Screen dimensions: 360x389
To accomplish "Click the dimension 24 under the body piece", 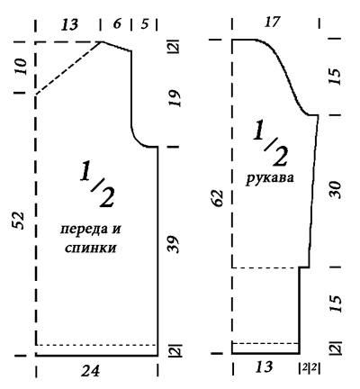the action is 90,371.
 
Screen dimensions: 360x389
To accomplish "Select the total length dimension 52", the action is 18,221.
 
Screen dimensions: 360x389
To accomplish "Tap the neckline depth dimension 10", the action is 22,67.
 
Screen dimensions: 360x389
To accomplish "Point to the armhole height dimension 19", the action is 174,98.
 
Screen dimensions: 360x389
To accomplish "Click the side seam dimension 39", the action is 173,244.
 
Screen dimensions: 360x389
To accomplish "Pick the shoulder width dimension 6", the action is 117,23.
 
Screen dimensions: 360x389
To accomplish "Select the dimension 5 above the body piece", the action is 145,23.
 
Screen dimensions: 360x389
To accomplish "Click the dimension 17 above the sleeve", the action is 273,22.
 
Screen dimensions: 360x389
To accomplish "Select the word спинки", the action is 90,249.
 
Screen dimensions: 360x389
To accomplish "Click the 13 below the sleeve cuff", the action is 264,366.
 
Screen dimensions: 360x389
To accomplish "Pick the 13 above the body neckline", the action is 69,24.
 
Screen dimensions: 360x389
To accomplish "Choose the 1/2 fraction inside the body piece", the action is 96,184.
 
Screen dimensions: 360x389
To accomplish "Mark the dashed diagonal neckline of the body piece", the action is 69,68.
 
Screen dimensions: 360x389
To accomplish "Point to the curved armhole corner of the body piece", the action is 136,140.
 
